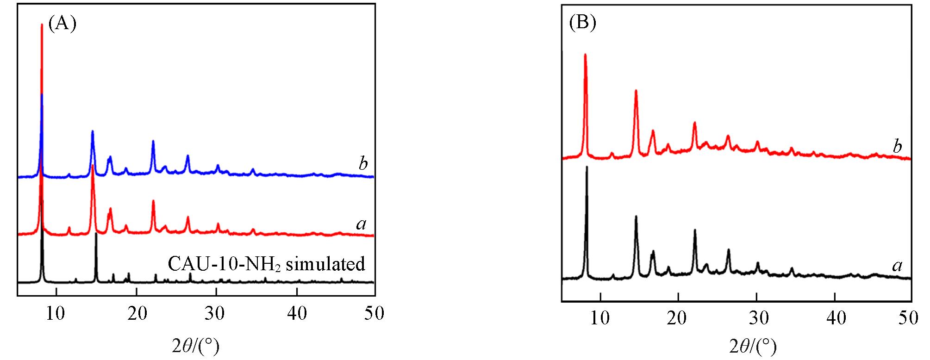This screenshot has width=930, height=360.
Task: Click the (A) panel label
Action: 62,23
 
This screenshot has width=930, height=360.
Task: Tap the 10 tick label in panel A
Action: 56,314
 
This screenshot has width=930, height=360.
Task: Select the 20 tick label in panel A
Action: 136,314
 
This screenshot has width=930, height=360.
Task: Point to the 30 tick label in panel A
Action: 216,314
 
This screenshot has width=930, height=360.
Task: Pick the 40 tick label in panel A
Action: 295,314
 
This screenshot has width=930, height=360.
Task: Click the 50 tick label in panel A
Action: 374,314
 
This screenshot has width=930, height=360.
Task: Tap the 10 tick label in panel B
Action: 600,319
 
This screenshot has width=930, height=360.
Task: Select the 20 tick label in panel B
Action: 678,319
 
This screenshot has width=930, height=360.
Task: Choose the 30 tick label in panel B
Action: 756,319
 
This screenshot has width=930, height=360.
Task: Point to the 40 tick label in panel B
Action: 835,319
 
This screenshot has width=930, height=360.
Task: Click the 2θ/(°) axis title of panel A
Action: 195,345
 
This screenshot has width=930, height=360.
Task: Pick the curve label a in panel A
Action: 361,224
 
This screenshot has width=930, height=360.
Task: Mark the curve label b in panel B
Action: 897,147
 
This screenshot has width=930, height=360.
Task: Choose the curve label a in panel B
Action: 897,265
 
